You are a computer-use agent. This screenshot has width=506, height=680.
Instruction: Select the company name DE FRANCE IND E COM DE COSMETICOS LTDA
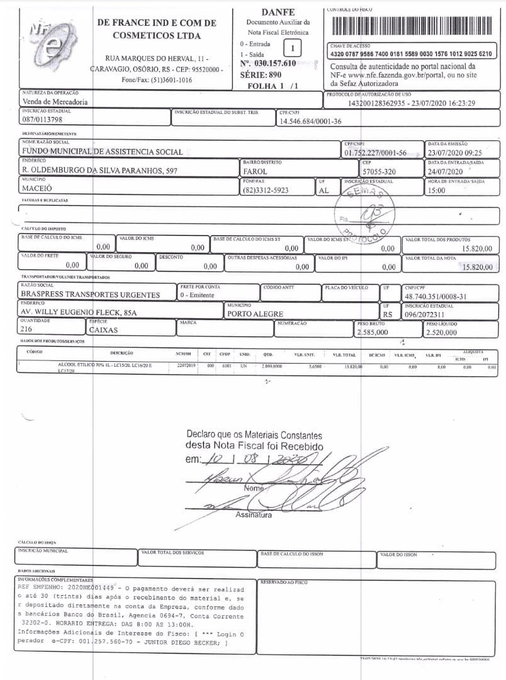click(x=157, y=30)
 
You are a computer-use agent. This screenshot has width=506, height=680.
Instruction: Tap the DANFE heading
click(x=277, y=12)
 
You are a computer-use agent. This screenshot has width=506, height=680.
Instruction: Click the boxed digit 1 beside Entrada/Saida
click(x=292, y=48)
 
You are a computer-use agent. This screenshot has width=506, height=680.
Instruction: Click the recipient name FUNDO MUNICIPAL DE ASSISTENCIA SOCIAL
click(x=103, y=152)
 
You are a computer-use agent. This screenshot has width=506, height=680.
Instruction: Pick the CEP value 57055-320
click(x=379, y=171)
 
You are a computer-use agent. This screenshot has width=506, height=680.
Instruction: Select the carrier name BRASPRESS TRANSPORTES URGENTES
click(x=91, y=294)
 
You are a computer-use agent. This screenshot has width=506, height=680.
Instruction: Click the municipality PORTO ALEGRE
click(x=255, y=314)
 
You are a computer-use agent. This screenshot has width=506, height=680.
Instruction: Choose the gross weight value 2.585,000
click(x=373, y=332)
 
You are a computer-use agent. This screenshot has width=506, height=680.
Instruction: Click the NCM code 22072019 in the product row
click(x=187, y=365)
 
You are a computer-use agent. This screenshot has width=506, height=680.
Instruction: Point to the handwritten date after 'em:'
click(x=254, y=460)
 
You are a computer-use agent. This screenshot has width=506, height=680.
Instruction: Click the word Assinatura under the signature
click(x=253, y=515)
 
